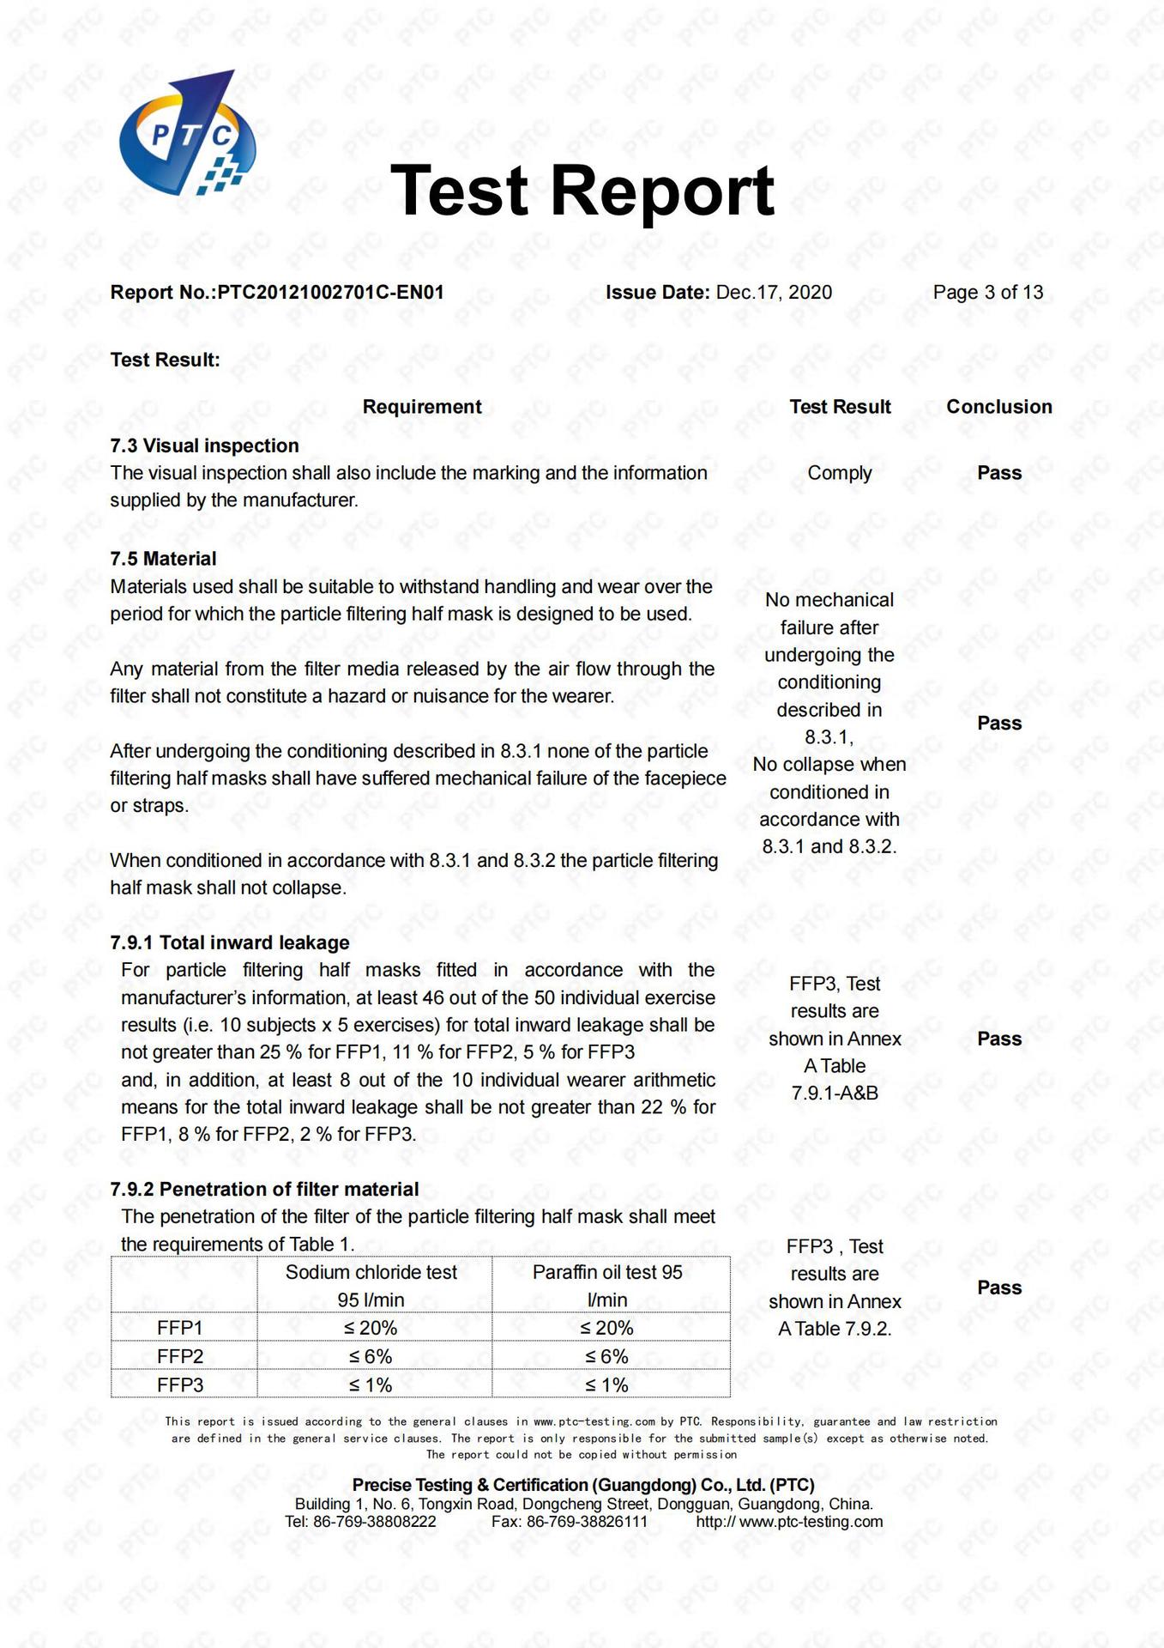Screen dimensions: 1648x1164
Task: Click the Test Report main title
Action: click(582, 191)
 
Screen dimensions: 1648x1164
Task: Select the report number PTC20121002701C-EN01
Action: click(330, 293)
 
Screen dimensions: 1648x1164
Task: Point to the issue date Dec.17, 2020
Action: click(774, 293)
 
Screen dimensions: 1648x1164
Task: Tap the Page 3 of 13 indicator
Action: click(987, 293)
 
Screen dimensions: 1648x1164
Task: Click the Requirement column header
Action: click(422, 407)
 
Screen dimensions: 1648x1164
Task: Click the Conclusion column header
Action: click(998, 407)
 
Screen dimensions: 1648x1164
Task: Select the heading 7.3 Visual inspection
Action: click(204, 445)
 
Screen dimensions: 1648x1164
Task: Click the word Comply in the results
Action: click(839, 473)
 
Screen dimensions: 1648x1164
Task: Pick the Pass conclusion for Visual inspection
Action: click(999, 473)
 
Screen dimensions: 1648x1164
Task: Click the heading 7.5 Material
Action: click(163, 559)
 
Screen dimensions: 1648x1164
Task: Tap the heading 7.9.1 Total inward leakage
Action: click(230, 942)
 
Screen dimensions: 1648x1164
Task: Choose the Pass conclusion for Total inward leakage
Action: click(999, 1039)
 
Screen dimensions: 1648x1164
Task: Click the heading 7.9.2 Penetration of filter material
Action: click(264, 1189)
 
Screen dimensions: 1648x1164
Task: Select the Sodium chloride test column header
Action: click(371, 1272)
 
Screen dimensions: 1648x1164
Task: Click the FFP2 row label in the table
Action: click(180, 1356)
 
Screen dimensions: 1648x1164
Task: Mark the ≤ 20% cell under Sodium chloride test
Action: click(371, 1328)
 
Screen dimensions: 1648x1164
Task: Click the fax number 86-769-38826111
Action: click(587, 1522)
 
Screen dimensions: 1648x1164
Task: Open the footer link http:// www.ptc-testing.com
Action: click(789, 1522)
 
